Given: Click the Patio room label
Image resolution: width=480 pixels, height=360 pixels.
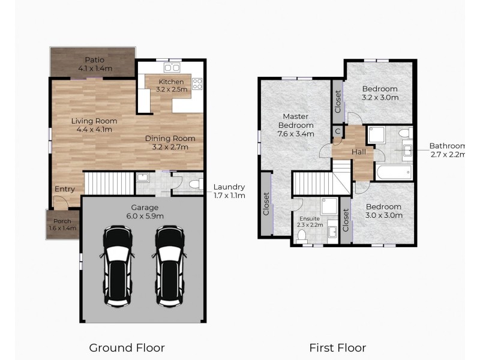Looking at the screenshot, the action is pyautogui.click(x=95, y=59).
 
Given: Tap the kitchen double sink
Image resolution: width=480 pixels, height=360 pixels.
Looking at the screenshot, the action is pyautogui.click(x=172, y=67).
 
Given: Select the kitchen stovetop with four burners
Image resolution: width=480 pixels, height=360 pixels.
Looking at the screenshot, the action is pyautogui.click(x=197, y=84).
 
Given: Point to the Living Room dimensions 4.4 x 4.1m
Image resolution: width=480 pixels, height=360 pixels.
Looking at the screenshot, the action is pyautogui.click(x=94, y=130).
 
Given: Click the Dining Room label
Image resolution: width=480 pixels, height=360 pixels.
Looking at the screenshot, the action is pyautogui.click(x=170, y=139).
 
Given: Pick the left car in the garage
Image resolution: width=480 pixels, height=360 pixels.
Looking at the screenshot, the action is pyautogui.click(x=117, y=266).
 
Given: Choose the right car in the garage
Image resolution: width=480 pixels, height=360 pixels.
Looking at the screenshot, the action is pyautogui.click(x=170, y=266).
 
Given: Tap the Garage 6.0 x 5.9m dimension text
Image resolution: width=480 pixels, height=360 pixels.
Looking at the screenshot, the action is pyautogui.click(x=145, y=216).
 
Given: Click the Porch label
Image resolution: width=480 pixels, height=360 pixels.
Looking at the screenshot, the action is pyautogui.click(x=62, y=221).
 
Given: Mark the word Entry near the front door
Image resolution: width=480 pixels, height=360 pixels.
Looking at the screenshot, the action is pyautogui.click(x=65, y=189).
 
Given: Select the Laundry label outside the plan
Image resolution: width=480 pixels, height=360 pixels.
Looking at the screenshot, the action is pyautogui.click(x=229, y=187).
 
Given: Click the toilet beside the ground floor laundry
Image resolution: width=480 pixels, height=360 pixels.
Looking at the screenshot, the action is pyautogui.click(x=196, y=184).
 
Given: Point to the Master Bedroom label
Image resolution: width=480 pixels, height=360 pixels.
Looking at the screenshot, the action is pyautogui.click(x=296, y=121).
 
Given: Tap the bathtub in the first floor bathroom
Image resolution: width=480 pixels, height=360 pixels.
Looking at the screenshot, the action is pyautogui.click(x=394, y=173).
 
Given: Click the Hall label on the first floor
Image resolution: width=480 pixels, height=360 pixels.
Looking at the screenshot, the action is pyautogui.click(x=358, y=152).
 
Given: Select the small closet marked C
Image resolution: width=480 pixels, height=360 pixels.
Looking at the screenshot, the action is pyautogui.click(x=338, y=131).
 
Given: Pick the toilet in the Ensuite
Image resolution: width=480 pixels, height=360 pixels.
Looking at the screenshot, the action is pyautogui.click(x=302, y=236).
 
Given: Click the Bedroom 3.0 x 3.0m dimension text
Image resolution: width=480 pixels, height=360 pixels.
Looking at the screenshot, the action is pyautogui.click(x=384, y=215).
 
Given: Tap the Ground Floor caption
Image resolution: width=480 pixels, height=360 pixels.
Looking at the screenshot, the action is pyautogui.click(x=127, y=348).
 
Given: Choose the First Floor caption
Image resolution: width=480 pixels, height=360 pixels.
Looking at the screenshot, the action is pyautogui.click(x=338, y=348).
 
